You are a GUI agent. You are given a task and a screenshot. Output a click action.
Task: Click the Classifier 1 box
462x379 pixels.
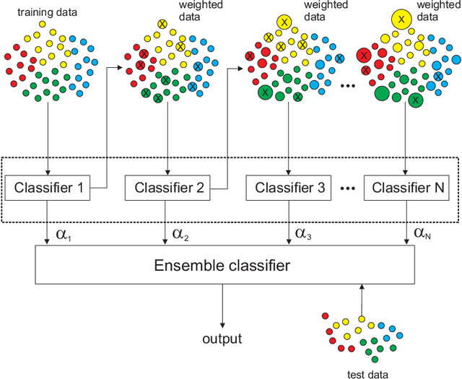[x=47, y=189]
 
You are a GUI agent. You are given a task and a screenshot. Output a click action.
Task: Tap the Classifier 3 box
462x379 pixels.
[x=287, y=189]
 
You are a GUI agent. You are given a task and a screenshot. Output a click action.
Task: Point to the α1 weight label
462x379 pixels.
[x=60, y=234]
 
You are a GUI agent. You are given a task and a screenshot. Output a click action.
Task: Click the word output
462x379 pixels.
[x=222, y=339]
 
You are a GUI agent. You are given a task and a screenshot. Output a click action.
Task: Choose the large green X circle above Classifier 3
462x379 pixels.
[x=266, y=92]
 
